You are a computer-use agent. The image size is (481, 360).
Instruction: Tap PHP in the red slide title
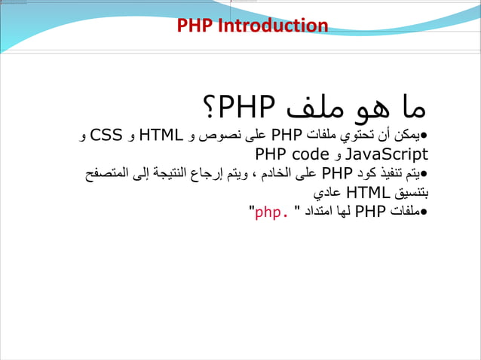coord(195,26)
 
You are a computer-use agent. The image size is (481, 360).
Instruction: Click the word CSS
coord(109,136)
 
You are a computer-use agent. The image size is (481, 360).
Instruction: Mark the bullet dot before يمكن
coord(424,138)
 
